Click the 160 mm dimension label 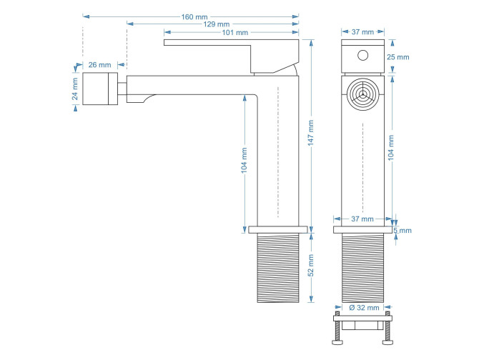coord(190,16)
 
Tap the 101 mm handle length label coord(234,33)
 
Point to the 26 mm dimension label coord(99,65)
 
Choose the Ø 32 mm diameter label coord(363,308)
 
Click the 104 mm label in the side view coord(245,161)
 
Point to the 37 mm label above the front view coord(363,32)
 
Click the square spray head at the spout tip coord(99,89)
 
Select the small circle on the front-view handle coord(362,55)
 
